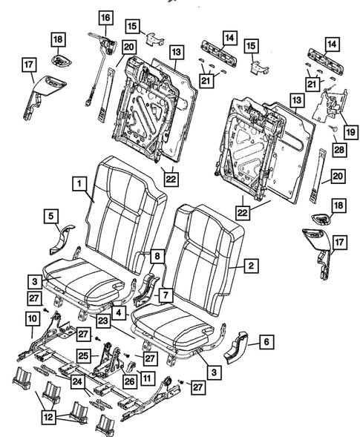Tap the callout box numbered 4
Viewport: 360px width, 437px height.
120,314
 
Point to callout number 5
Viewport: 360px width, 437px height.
50,217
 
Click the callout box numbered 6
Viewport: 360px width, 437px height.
265,342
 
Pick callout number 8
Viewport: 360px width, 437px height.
157,257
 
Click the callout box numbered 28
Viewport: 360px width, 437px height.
338,151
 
